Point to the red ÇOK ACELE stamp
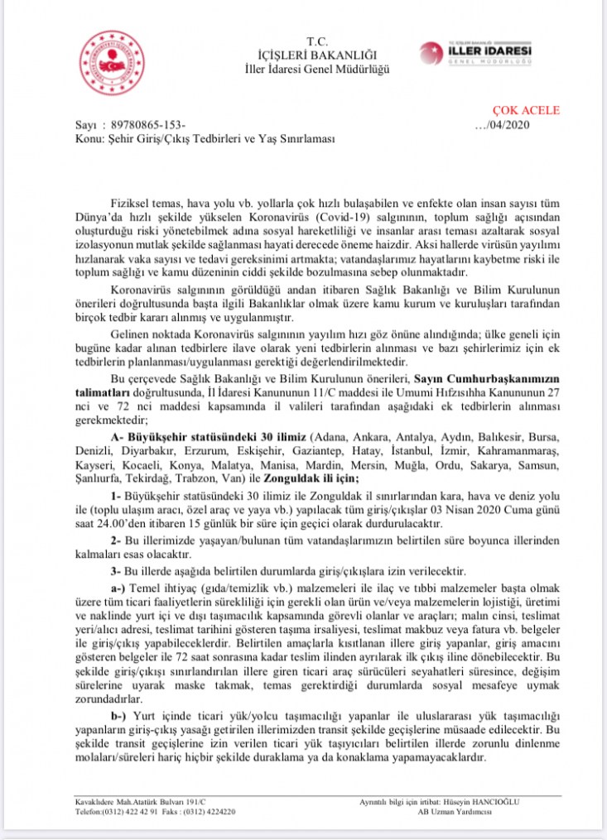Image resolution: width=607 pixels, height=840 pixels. (x=527, y=110)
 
